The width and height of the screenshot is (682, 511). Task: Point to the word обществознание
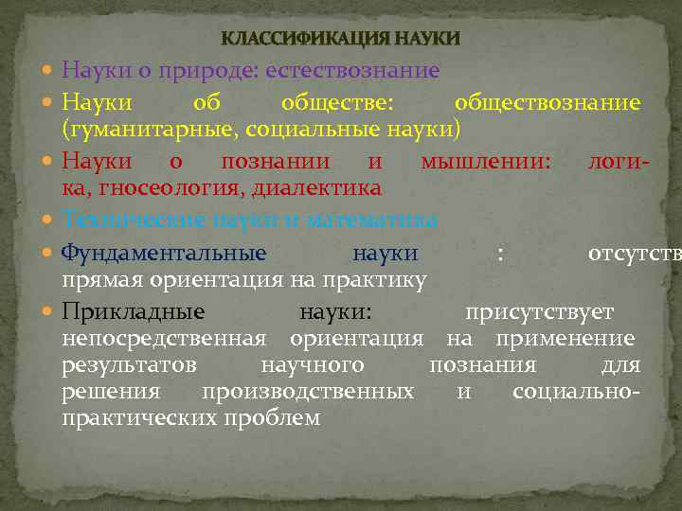click(547, 101)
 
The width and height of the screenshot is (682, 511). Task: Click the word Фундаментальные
click(164, 253)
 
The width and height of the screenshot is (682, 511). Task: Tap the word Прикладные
click(134, 311)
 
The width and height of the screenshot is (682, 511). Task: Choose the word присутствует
click(538, 311)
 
